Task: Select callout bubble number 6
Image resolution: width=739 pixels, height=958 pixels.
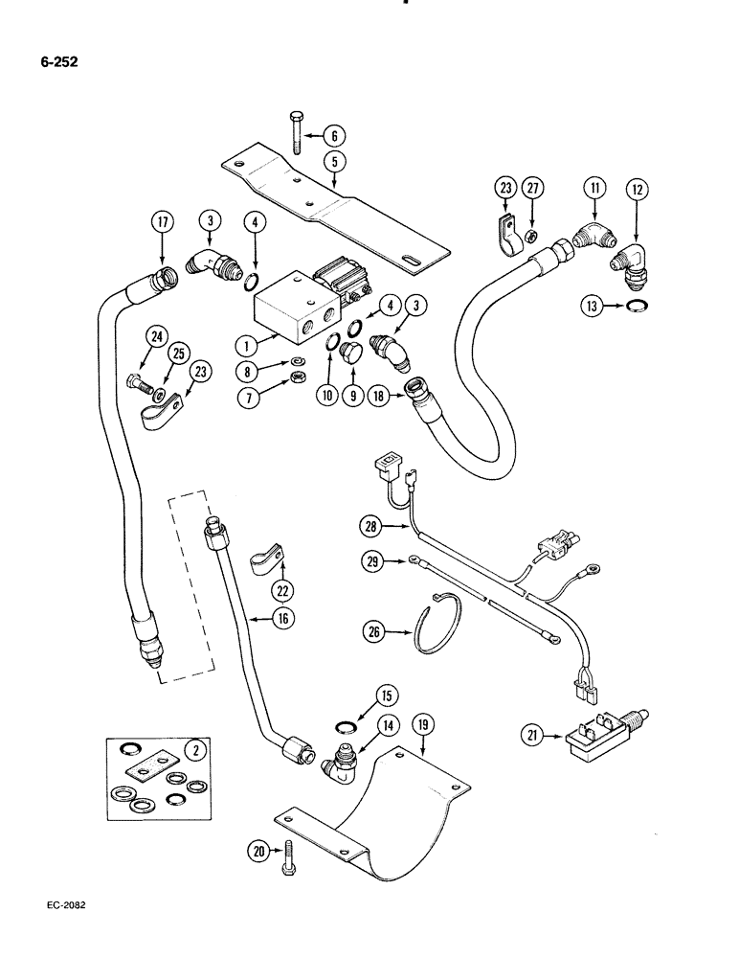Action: coord(334,136)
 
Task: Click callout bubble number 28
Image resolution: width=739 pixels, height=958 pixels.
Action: coord(372,524)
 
